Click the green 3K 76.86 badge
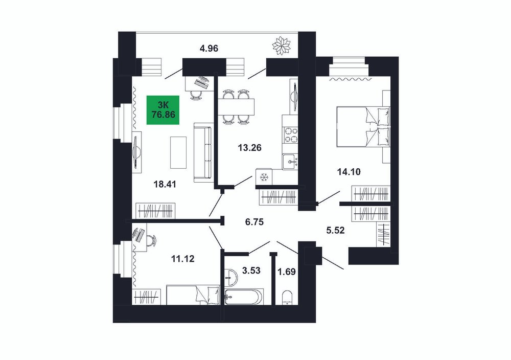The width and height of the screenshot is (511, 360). point(163,110)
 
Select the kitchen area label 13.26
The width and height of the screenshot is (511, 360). point(250,148)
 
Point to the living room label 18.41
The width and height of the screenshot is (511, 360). point(165,184)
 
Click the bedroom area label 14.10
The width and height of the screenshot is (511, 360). point(349,171)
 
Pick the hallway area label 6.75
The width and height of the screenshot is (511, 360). point(254,222)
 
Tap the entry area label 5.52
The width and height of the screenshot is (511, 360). point(335,231)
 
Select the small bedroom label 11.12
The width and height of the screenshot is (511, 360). point(183,259)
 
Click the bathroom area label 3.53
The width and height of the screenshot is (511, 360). point(251,270)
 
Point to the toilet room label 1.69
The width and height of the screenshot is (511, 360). point(286,272)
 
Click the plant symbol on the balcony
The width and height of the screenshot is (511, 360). point(281,46)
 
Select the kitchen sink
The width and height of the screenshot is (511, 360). point(290,162)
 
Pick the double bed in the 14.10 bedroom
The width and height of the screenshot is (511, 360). point(363,126)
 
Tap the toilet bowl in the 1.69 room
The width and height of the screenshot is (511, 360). point(287,298)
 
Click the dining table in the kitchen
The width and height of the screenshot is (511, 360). point(235,107)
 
